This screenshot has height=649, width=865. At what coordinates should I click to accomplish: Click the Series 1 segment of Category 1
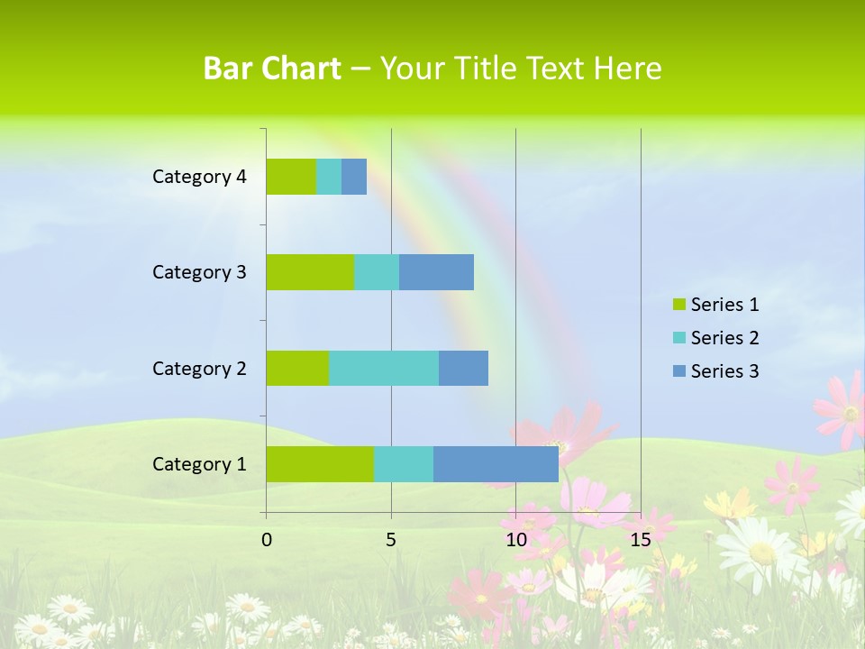(x=320, y=463)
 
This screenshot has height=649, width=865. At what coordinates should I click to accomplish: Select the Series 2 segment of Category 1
(x=404, y=463)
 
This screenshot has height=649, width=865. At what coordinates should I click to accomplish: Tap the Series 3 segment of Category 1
(x=496, y=463)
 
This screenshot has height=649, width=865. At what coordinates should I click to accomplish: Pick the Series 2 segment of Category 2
(x=384, y=368)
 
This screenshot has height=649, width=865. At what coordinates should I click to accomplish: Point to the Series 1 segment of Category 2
(x=297, y=368)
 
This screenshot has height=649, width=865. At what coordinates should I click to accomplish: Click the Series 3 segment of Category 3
(x=436, y=272)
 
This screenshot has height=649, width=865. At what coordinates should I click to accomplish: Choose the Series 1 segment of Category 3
(x=310, y=272)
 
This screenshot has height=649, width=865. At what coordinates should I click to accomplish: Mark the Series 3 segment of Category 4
(x=354, y=177)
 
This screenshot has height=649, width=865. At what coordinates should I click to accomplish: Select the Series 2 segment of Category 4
(x=329, y=177)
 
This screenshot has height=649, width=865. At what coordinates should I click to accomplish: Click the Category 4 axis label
(x=199, y=177)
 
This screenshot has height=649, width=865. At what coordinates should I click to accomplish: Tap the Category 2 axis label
(x=199, y=368)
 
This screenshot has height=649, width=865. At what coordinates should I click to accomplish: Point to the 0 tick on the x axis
(x=267, y=540)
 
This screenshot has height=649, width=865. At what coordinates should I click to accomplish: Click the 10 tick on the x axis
(x=515, y=540)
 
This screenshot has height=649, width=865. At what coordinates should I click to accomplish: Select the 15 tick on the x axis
(x=641, y=540)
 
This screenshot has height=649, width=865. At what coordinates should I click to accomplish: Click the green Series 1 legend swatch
(x=678, y=305)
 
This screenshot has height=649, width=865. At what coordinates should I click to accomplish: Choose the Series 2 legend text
(x=724, y=338)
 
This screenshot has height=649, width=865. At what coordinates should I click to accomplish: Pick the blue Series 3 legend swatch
(x=678, y=371)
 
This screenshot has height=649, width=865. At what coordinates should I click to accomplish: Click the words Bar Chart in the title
(x=272, y=69)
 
